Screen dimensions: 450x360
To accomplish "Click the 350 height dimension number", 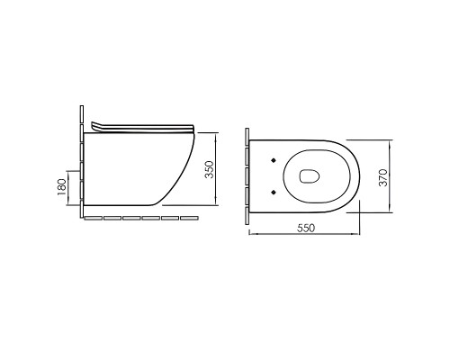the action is coord(210,169).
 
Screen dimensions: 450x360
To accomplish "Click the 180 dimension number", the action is coord(61,187).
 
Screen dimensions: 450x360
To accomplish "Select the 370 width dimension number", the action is coord(383,177).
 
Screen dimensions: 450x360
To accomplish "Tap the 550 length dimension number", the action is coord(306,228).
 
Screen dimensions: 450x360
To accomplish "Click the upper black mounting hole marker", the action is coord(274,160).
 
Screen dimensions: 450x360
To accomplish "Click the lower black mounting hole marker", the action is coord(274,192).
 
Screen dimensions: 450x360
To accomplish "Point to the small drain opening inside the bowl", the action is coord(310,176).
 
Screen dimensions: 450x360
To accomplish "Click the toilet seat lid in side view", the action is coord(143,128).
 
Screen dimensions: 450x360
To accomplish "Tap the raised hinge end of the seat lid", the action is coord(94,126).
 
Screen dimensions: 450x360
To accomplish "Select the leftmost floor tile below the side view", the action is coord(94,218).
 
